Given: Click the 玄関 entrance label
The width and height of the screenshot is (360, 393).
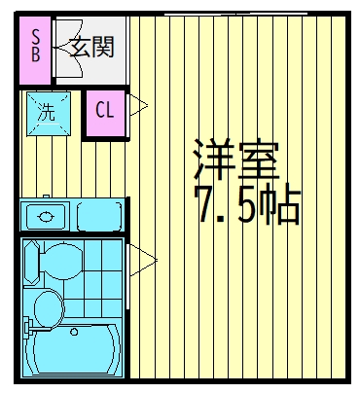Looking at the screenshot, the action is coord(92,47).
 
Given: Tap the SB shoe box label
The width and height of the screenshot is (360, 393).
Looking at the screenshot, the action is coord(36,46).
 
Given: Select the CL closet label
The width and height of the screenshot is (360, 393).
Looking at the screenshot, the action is coord(105,110).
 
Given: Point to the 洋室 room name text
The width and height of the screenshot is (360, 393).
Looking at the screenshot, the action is coord(236,160).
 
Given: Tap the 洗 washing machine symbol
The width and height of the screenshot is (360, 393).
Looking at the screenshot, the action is coord(49,114).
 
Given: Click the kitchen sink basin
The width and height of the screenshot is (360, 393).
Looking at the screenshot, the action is coord(46,216).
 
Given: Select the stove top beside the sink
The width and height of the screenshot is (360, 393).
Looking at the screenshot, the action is coord(100,216).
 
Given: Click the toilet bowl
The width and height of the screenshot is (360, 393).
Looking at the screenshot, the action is coord(61,262).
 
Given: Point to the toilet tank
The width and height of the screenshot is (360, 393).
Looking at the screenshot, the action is coord(31,262).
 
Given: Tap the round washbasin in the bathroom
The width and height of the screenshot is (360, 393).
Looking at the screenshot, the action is coord(49,308).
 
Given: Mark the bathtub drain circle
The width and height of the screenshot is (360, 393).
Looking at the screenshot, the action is coord(74,332).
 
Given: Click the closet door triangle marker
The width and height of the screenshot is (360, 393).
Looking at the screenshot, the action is coord(138,105).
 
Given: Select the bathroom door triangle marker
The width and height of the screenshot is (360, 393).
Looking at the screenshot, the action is coord(143,260).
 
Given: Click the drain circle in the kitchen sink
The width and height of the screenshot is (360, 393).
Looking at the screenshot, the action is coord(45,216).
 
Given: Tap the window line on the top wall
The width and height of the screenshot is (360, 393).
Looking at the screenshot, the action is coord(235,14).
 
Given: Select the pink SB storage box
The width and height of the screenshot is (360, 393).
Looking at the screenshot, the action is coord(35,51).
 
